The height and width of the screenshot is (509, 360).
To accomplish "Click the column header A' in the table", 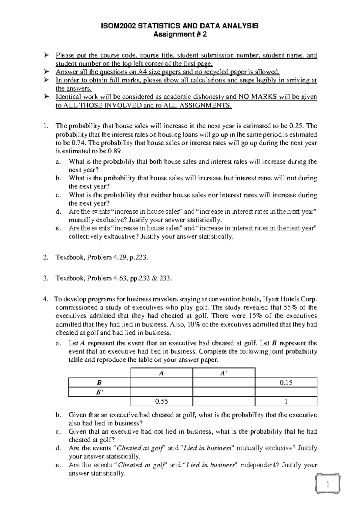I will coord(223,373).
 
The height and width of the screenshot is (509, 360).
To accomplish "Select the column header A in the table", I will coord(161,373).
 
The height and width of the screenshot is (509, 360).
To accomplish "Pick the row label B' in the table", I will coord(100,392).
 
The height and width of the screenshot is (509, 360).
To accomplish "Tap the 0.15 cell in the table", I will coord(286,383).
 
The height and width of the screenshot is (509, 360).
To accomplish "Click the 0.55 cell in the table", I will coord(161,401).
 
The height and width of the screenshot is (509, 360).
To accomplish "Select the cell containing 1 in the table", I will coord(286,401).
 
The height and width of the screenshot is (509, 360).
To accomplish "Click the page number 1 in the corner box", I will coord(328,484).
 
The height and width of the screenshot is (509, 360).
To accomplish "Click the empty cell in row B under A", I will coord(161,383).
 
